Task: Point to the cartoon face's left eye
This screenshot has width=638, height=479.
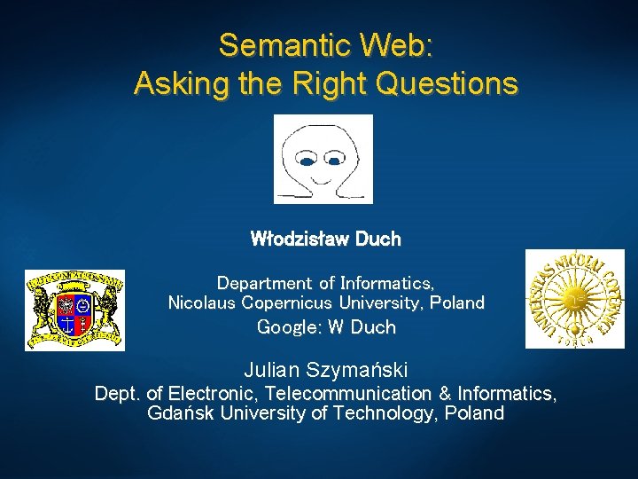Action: pos(307,162)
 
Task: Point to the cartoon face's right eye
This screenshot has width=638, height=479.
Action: pos(335,161)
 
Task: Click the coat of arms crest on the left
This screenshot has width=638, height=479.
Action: pos(74,310)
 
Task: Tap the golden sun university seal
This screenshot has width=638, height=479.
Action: pos(573,299)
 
